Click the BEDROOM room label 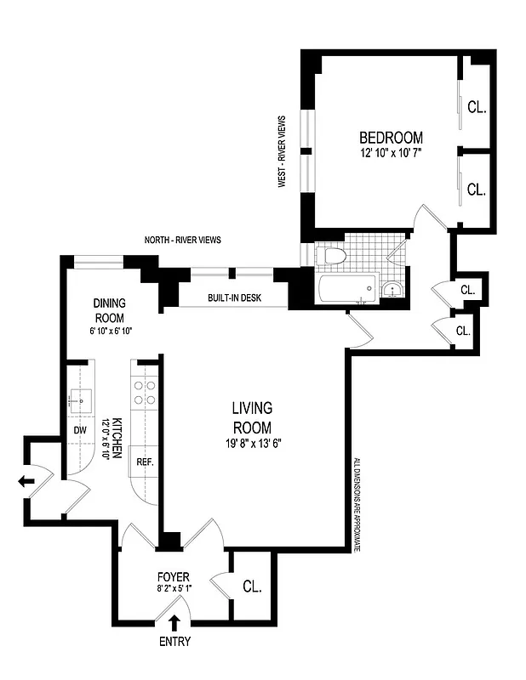point(391,138)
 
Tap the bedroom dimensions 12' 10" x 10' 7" point(391,153)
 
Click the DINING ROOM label point(109,311)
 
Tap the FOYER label point(174,577)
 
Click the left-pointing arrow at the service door point(26,482)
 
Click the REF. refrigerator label point(144,462)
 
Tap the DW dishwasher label point(80,430)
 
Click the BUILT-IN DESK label point(234,298)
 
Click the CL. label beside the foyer point(251,586)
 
